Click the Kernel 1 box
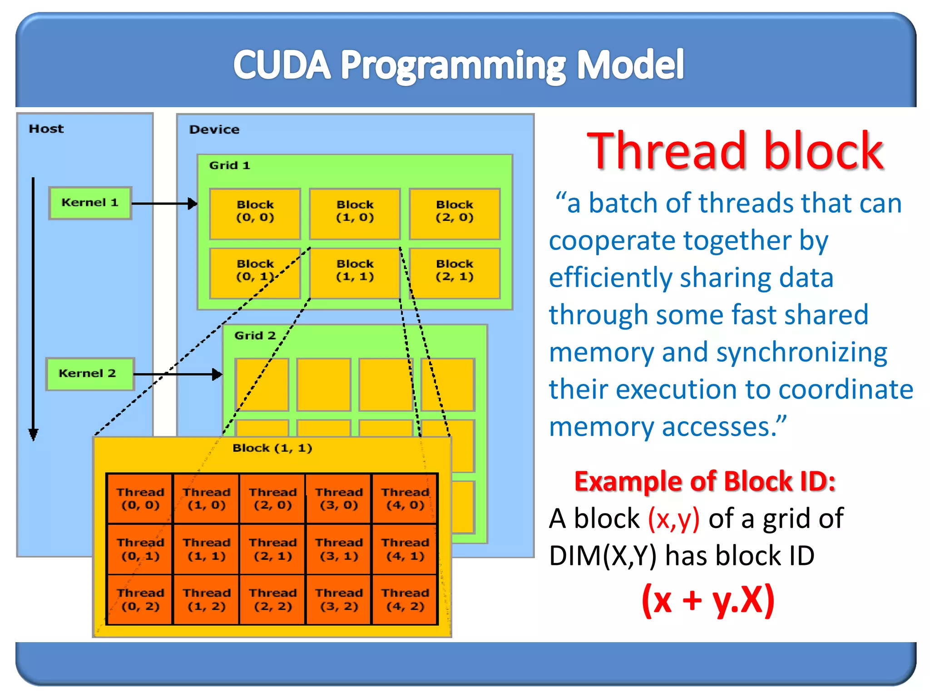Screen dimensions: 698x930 (x=90, y=203)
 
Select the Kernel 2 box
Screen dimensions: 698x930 (x=90, y=374)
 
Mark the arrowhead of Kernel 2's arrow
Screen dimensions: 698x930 (x=218, y=374)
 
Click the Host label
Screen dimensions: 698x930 (x=46, y=129)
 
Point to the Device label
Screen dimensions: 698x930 (x=214, y=130)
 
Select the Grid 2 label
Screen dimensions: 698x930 (x=255, y=336)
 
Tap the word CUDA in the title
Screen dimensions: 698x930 (x=282, y=65)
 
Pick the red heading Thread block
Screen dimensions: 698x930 (x=735, y=151)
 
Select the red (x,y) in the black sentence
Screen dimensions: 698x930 (x=673, y=519)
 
